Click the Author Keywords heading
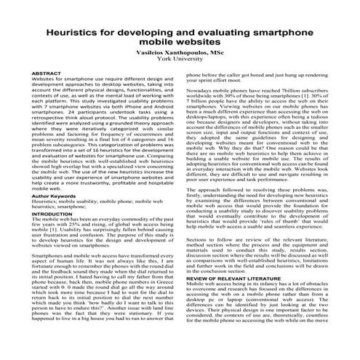54,195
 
